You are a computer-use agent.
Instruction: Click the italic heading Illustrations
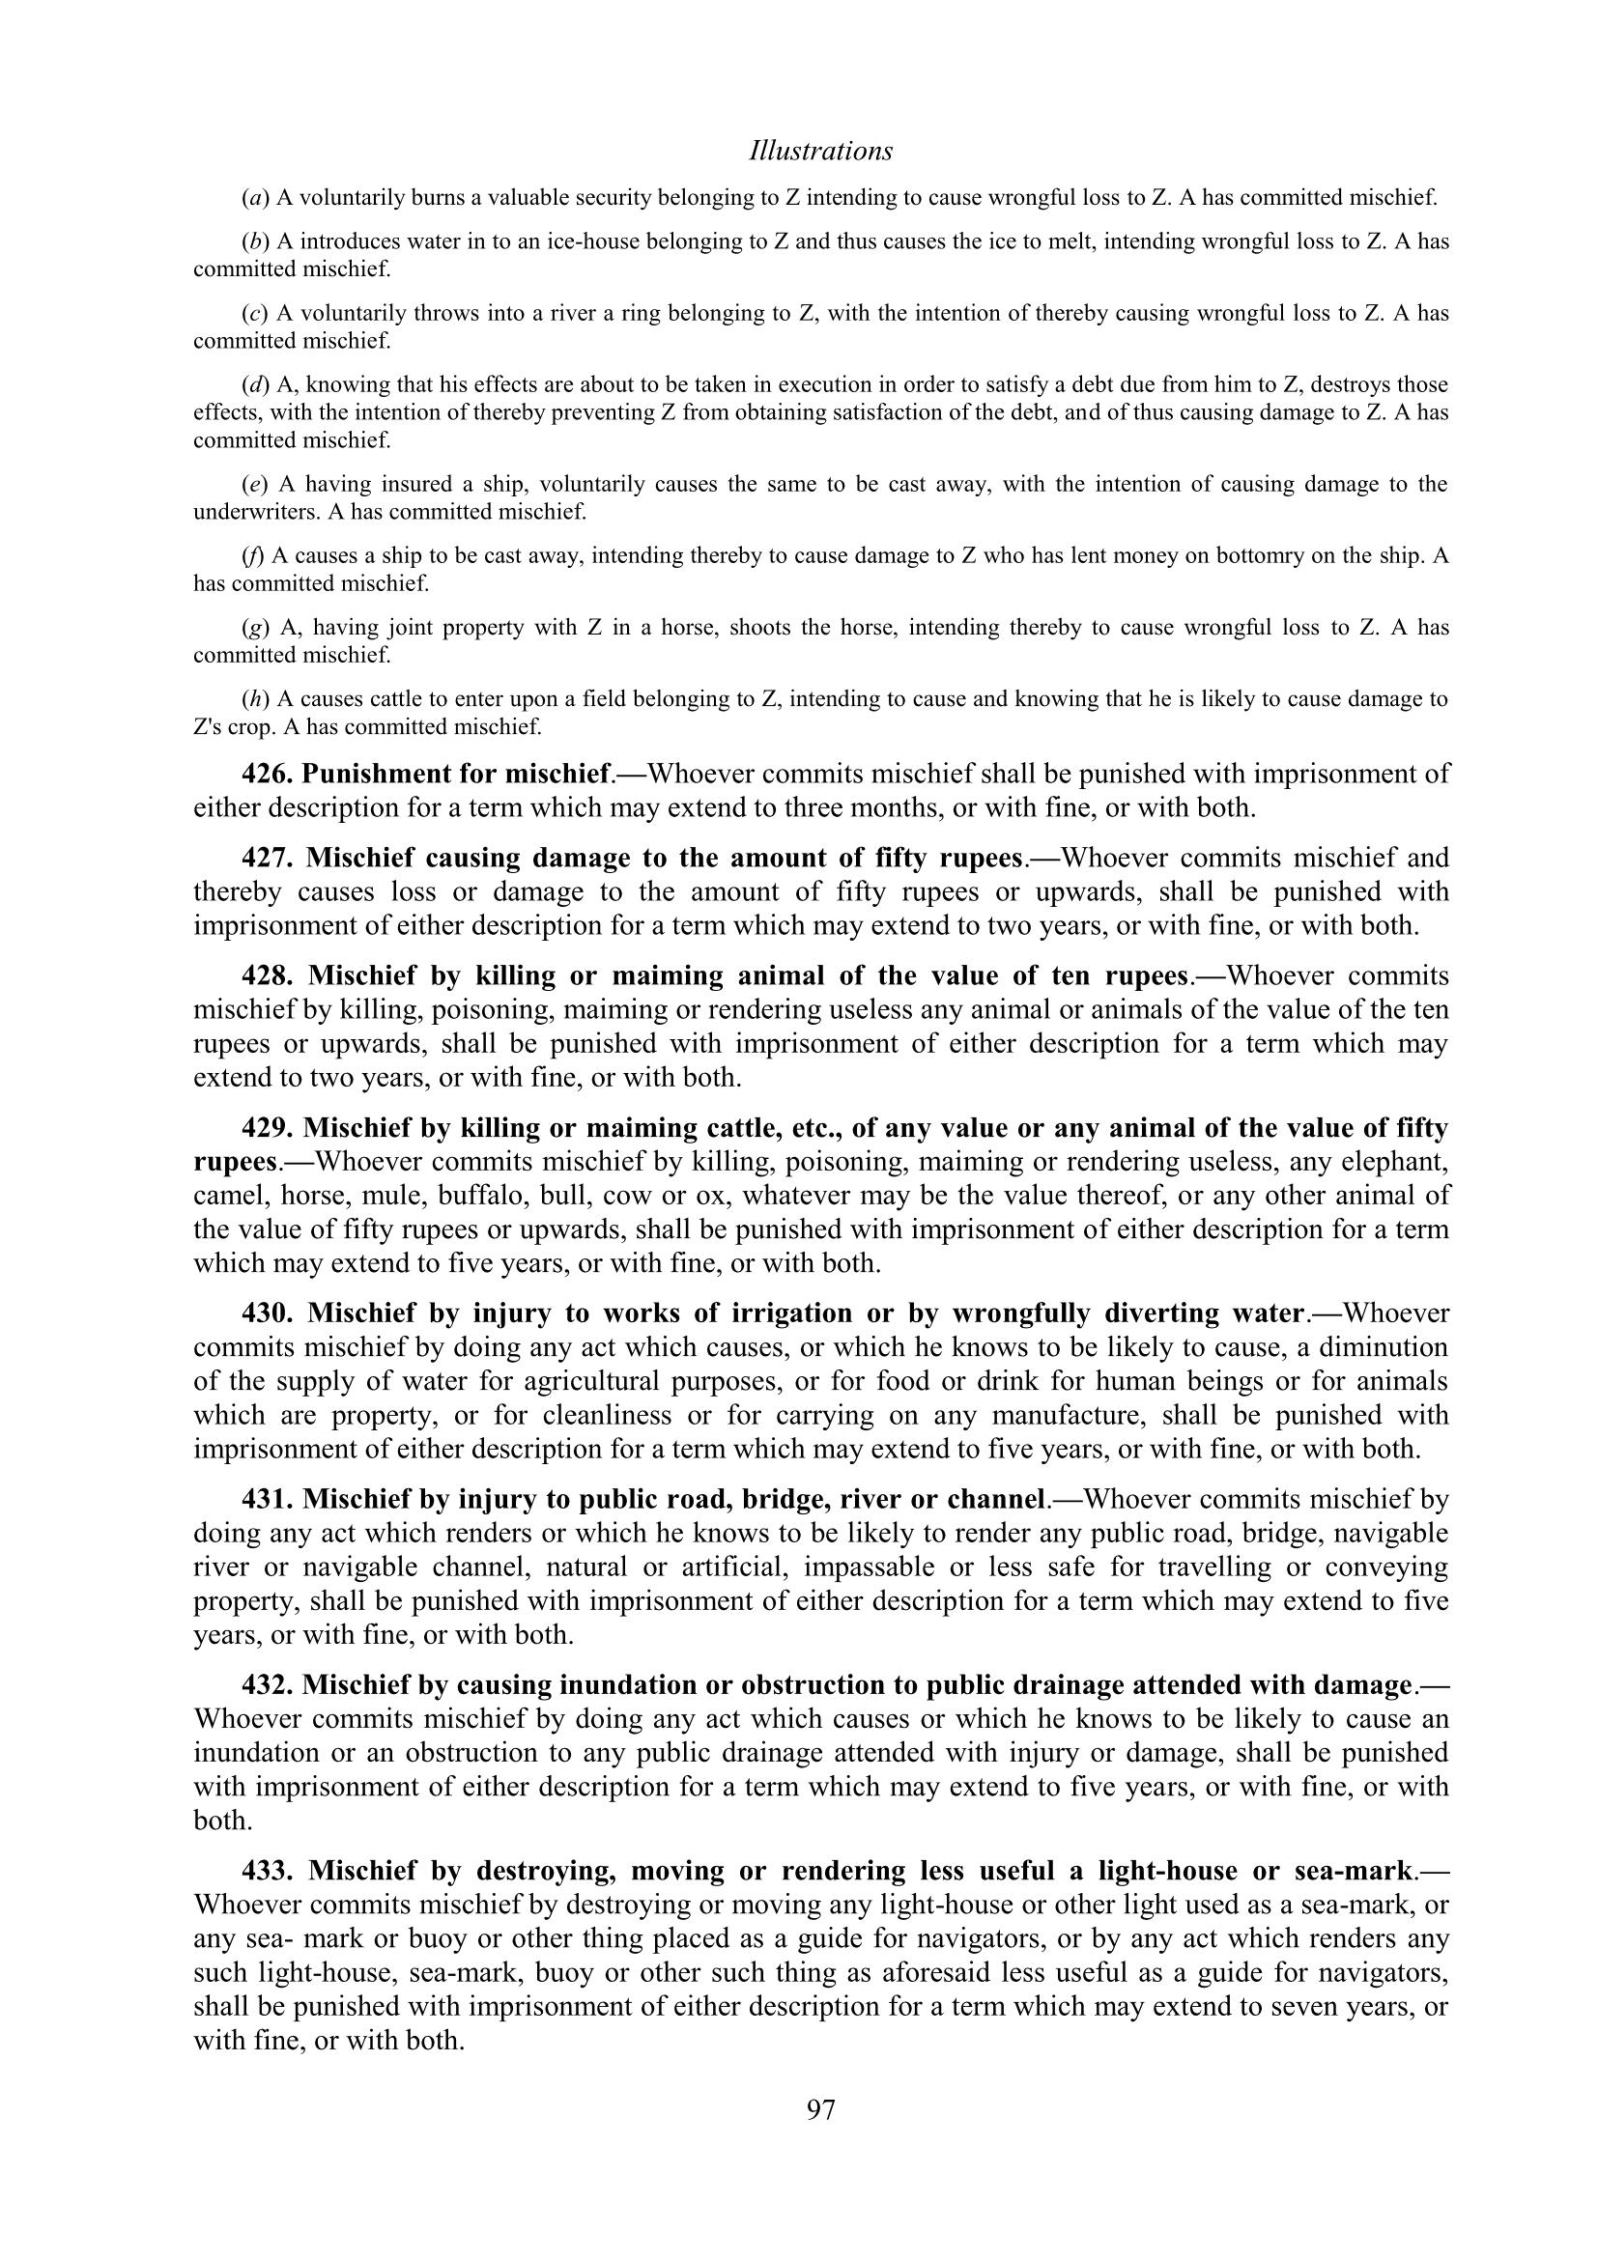coord(820,152)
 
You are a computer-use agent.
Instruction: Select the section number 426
coord(268,775)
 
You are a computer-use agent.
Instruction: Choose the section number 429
coord(268,1127)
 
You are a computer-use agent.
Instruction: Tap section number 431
coord(268,1500)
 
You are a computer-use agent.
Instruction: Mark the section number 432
coord(268,1685)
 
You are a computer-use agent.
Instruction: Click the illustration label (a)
coord(255,198)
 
